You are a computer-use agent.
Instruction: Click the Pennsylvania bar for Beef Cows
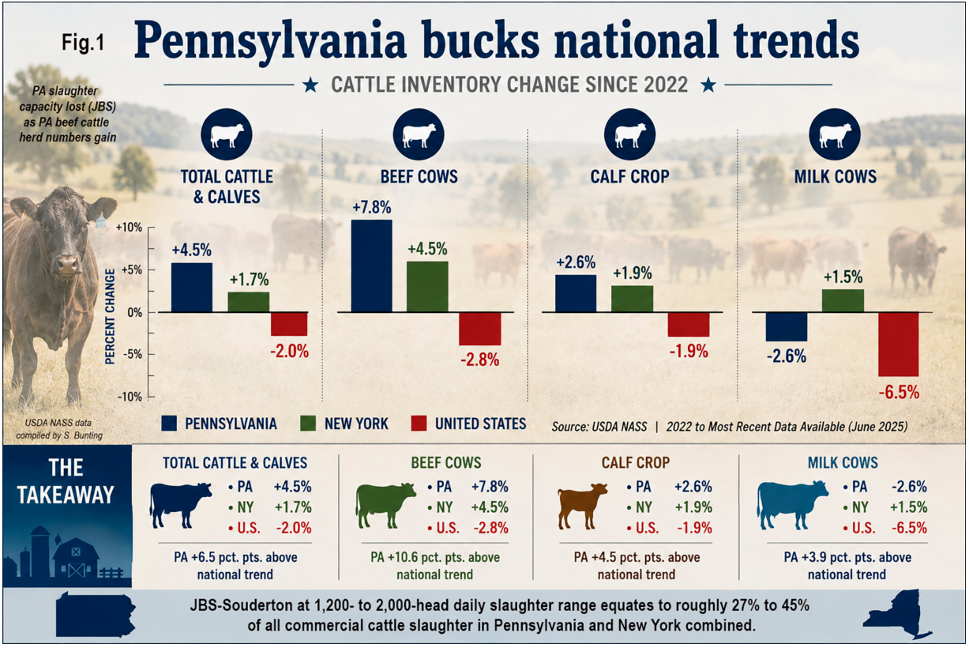click(x=372, y=266)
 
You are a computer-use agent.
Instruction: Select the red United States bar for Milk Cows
click(x=899, y=345)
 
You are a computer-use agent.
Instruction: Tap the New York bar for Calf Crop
click(x=632, y=299)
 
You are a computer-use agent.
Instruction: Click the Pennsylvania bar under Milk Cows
click(x=787, y=327)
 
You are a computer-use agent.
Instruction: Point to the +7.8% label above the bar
click(x=372, y=207)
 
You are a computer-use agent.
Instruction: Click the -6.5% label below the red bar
click(x=899, y=392)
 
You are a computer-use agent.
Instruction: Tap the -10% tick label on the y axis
click(x=130, y=397)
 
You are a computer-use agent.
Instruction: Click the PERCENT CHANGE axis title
click(x=110, y=316)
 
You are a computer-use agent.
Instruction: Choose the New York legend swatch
click(x=307, y=424)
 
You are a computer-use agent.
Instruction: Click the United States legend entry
click(x=468, y=424)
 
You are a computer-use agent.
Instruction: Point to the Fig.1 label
click(x=83, y=43)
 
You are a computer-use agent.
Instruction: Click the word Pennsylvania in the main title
click(x=270, y=41)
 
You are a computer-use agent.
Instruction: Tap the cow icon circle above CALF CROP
click(x=630, y=134)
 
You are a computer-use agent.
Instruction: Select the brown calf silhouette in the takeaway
click(x=582, y=506)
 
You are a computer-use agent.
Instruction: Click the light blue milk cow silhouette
click(x=792, y=505)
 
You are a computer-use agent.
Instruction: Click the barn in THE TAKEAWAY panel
click(x=77, y=559)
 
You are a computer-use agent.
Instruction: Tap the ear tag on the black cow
click(x=101, y=223)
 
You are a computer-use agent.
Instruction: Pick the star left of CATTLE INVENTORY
click(x=310, y=85)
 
